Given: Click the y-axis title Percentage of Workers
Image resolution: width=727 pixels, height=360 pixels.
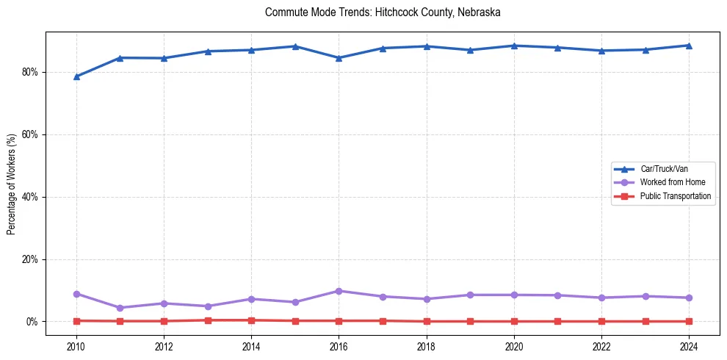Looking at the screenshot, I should [x=12, y=184].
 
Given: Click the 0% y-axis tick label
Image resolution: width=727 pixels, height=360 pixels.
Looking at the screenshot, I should [x=32, y=322].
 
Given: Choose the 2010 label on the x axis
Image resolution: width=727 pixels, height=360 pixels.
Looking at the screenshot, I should [x=76, y=346].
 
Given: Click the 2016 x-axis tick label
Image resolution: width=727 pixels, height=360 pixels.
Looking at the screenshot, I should [x=339, y=346].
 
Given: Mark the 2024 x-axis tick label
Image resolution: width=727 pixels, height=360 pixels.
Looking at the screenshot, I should [x=689, y=346].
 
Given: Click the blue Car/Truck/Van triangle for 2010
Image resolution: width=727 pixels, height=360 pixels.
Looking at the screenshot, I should [x=76, y=76].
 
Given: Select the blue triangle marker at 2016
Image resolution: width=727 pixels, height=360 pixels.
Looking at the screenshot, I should [x=339, y=58].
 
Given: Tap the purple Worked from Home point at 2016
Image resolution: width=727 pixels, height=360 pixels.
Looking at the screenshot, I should [x=339, y=291].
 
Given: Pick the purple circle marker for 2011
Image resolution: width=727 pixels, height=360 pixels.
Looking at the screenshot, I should [x=120, y=308].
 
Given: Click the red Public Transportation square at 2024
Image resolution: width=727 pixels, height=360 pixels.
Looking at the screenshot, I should [x=689, y=321].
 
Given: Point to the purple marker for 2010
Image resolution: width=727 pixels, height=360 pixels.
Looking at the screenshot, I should [x=76, y=294].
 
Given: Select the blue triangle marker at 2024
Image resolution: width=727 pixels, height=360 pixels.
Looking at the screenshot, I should [x=689, y=46].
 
